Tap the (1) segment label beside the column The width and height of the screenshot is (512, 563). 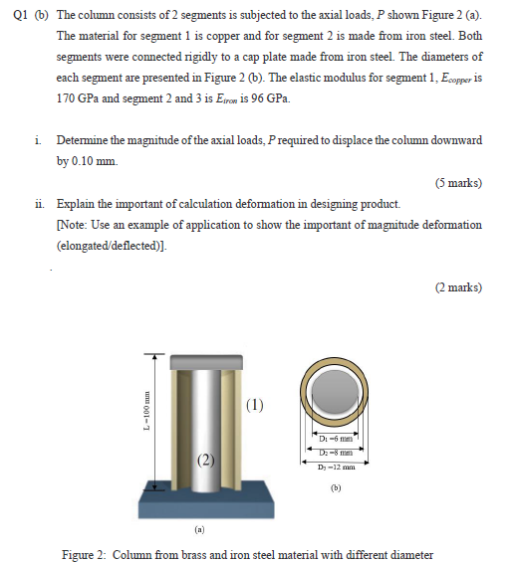257,405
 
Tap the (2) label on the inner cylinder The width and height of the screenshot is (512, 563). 205,460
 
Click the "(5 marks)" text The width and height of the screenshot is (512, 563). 459,183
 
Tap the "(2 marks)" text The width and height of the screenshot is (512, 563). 459,288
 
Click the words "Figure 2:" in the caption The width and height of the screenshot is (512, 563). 84,554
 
